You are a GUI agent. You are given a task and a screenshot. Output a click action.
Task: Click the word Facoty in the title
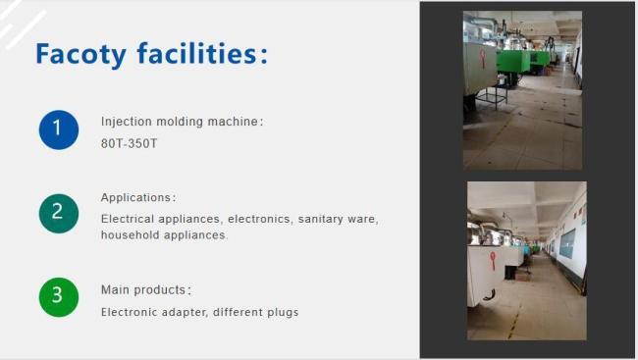coord(80,54)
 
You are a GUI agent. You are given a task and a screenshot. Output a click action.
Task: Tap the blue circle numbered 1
coord(59,129)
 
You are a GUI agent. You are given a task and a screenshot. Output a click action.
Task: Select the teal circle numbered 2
coord(59,213)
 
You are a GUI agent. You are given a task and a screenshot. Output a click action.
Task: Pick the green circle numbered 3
coord(59,297)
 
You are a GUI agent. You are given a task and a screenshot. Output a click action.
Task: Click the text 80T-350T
coord(129,143)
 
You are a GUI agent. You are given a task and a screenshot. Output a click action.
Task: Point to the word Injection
coord(126,122)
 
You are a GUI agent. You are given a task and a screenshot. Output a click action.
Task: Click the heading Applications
coord(137,197)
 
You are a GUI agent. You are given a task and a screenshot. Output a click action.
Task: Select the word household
coord(131,235)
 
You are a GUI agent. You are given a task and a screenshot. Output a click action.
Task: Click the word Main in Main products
coord(115,290)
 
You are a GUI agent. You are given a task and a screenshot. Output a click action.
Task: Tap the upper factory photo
coord(522,90)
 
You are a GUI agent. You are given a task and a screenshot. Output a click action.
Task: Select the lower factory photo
coord(526,260)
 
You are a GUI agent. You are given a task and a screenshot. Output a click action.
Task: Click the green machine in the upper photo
coord(512,62)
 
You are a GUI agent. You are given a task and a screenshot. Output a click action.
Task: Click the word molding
coord(182,122)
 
